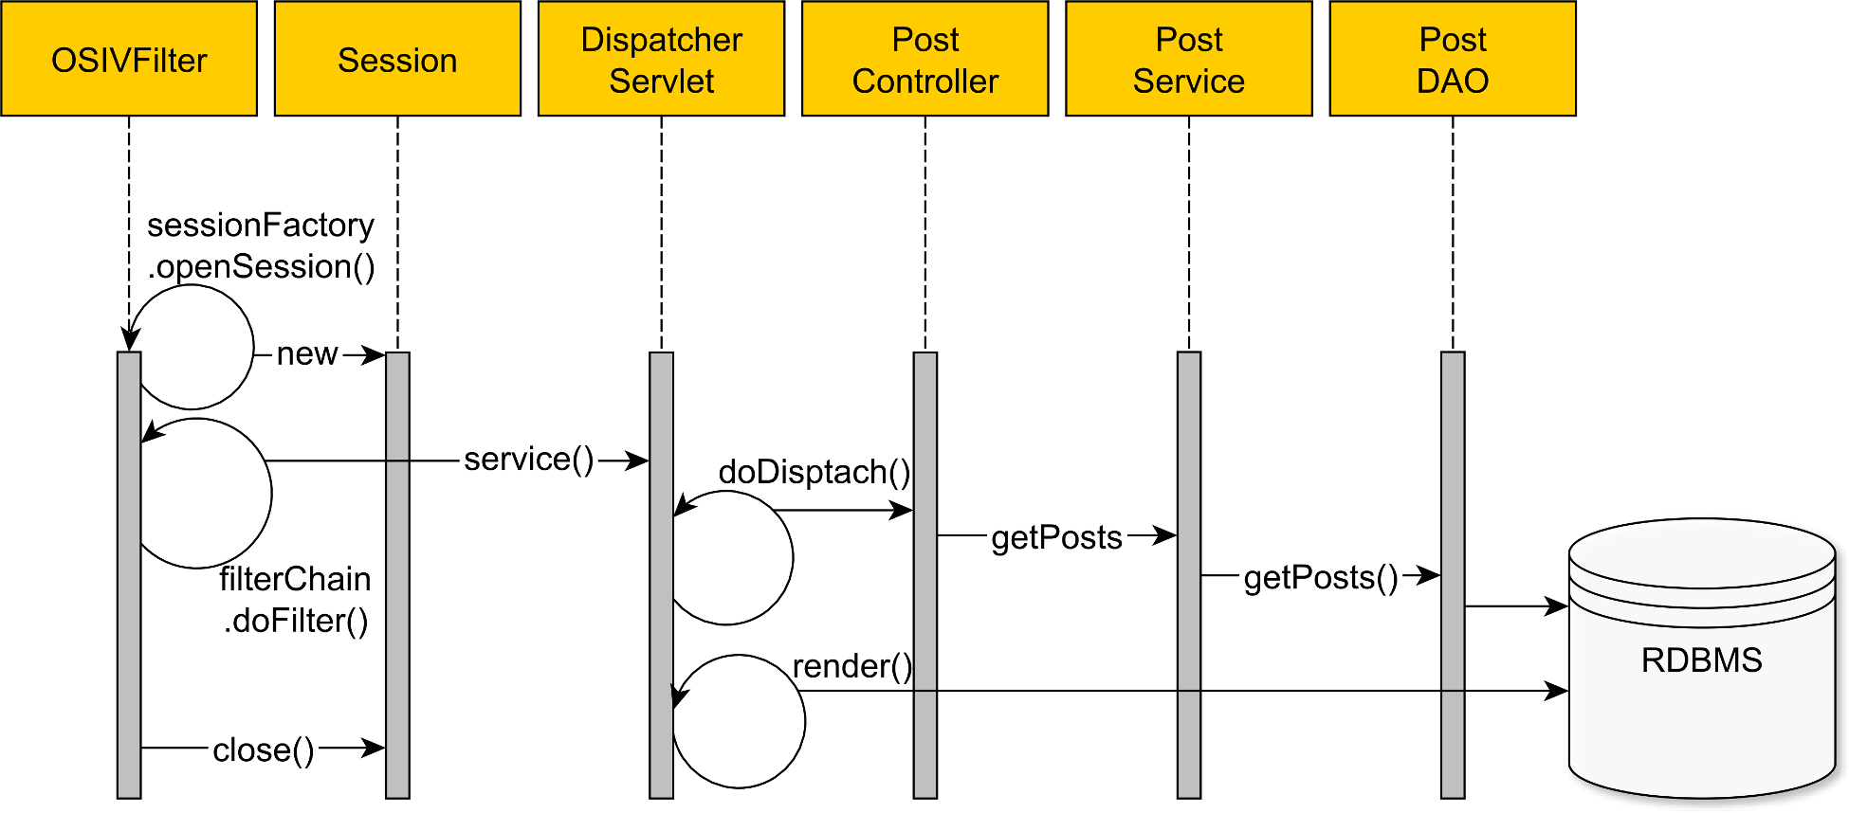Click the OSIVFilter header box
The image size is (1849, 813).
129,59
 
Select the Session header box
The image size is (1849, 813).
397,59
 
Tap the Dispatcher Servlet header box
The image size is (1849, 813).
661,59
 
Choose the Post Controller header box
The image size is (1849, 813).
924,59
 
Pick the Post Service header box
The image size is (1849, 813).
1188,59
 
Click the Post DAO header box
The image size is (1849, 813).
1452,59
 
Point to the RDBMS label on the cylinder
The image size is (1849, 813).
1701,659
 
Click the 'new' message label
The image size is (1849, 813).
306,353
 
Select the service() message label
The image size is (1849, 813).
528,460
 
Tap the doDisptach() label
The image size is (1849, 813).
814,471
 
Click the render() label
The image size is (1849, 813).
851,666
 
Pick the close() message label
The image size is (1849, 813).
263,750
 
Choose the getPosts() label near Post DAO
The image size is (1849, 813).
1320,576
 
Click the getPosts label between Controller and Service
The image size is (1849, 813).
1056,537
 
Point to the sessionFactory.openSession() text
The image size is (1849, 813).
261,245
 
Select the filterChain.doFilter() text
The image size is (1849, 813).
295,600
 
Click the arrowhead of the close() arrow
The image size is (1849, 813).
376,748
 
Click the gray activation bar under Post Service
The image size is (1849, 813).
1188,663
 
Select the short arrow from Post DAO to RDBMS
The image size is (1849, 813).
1515,605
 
